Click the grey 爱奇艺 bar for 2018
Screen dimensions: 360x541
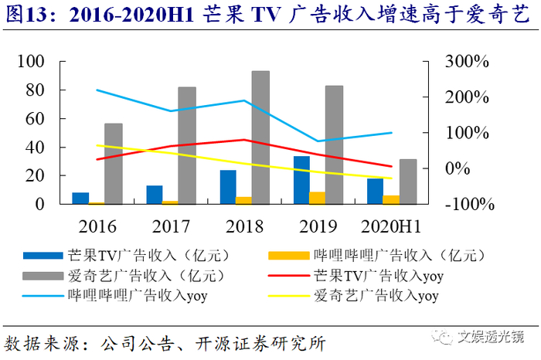point(260,138)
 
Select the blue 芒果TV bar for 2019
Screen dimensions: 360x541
point(301,180)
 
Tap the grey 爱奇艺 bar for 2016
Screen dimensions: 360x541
point(114,164)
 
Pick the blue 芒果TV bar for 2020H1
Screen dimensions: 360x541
point(375,191)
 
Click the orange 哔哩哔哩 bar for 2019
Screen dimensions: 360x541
point(318,198)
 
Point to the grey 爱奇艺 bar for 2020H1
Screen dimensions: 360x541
point(408,182)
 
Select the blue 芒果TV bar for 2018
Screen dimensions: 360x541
point(228,187)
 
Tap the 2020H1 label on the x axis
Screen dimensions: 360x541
point(390,226)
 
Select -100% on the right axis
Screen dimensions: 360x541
point(467,205)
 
